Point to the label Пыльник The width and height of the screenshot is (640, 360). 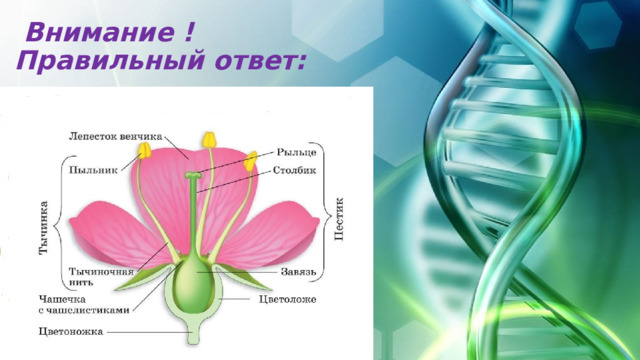point(89,170)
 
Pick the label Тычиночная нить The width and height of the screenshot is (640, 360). point(99,276)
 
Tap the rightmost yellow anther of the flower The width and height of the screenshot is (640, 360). point(251,158)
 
